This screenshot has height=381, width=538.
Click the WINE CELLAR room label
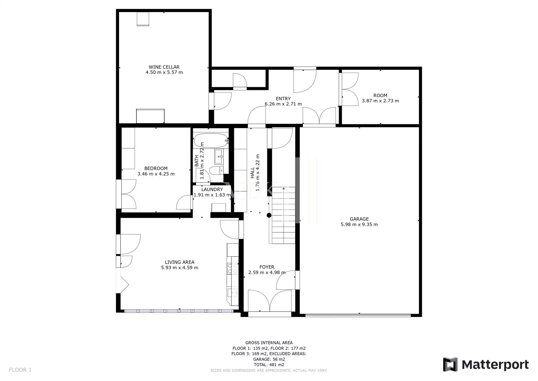164,67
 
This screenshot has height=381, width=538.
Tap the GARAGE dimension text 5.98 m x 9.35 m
359,224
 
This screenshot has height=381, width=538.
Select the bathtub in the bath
211,140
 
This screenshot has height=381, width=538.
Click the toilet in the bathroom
216,170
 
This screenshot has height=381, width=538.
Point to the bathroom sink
219,157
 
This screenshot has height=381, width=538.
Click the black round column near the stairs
269,215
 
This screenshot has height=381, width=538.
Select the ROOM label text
380,95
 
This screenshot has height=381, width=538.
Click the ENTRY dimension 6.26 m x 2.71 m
283,104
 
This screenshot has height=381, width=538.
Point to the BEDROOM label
156,168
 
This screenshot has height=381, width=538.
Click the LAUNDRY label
212,189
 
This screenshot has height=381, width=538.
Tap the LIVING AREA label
180,262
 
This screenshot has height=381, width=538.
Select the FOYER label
267,267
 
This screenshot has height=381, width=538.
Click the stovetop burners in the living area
232,268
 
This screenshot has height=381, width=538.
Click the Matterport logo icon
450,364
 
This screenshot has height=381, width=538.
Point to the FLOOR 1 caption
20,370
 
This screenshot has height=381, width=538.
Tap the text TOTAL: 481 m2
269,365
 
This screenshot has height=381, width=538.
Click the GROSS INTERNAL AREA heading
269,343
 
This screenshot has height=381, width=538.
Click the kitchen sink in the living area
232,293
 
